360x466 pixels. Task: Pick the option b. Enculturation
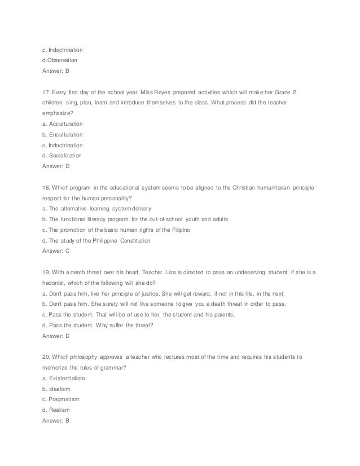tap(62, 135)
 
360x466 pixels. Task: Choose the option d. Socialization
tap(62, 155)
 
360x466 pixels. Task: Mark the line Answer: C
tap(55, 250)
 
